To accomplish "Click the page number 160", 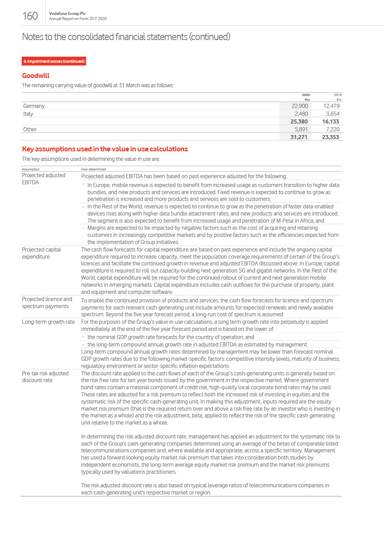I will (x=30, y=16).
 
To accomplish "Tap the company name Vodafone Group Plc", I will (x=67, y=14).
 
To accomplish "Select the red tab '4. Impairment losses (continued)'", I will (x=54, y=61).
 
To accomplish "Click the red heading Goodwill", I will (x=36, y=76).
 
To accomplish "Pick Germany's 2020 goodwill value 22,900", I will (x=300, y=106).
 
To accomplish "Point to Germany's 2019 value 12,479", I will (x=331, y=106).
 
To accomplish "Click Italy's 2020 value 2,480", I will (x=301, y=114).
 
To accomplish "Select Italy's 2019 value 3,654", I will (x=332, y=114).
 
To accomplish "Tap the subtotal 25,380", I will (x=299, y=121).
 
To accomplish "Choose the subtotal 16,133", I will (x=330, y=121).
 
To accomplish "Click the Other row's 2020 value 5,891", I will (x=301, y=129).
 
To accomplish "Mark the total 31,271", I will (x=299, y=137).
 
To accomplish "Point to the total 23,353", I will (x=330, y=137).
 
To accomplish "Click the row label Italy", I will (x=28, y=114).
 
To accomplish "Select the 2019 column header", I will (x=338, y=95).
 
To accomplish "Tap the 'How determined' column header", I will (x=94, y=169).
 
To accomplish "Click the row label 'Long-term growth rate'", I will (x=48, y=322).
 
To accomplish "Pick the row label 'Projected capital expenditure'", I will (x=41, y=253).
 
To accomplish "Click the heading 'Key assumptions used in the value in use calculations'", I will (x=105, y=149).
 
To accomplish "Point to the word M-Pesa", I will (x=287, y=221).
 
